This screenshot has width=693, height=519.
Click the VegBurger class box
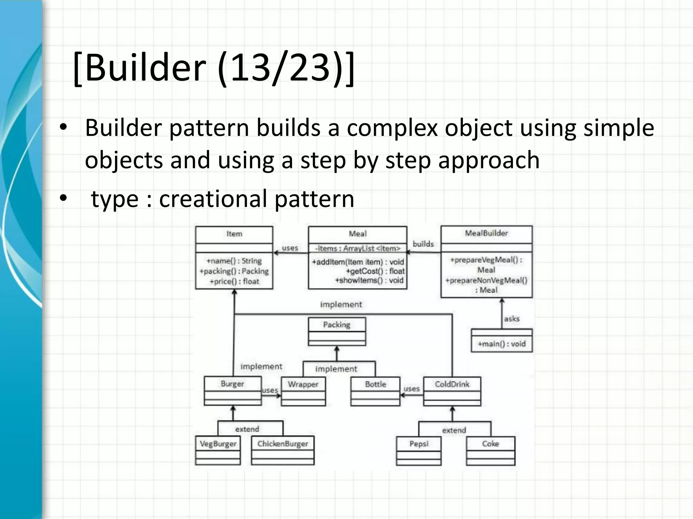218,451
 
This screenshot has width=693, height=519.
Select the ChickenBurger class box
283,451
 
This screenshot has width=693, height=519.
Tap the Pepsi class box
419,451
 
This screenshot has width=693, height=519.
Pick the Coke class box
490,451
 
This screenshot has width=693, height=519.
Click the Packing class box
337,331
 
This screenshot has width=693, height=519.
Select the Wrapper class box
303,391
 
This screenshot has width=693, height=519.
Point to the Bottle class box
375,391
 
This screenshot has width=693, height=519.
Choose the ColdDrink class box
452,391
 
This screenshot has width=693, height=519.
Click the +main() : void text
501,344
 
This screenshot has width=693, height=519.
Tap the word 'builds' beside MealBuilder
423,244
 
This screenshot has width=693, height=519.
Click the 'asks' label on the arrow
511,319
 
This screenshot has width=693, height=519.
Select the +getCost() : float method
375,271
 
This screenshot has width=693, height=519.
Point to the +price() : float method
234,281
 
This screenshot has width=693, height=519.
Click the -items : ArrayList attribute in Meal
357,248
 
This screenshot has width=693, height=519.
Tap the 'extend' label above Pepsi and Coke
454,430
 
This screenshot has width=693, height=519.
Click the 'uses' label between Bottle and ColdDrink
411,389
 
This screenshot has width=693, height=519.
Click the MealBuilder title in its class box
486,233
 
